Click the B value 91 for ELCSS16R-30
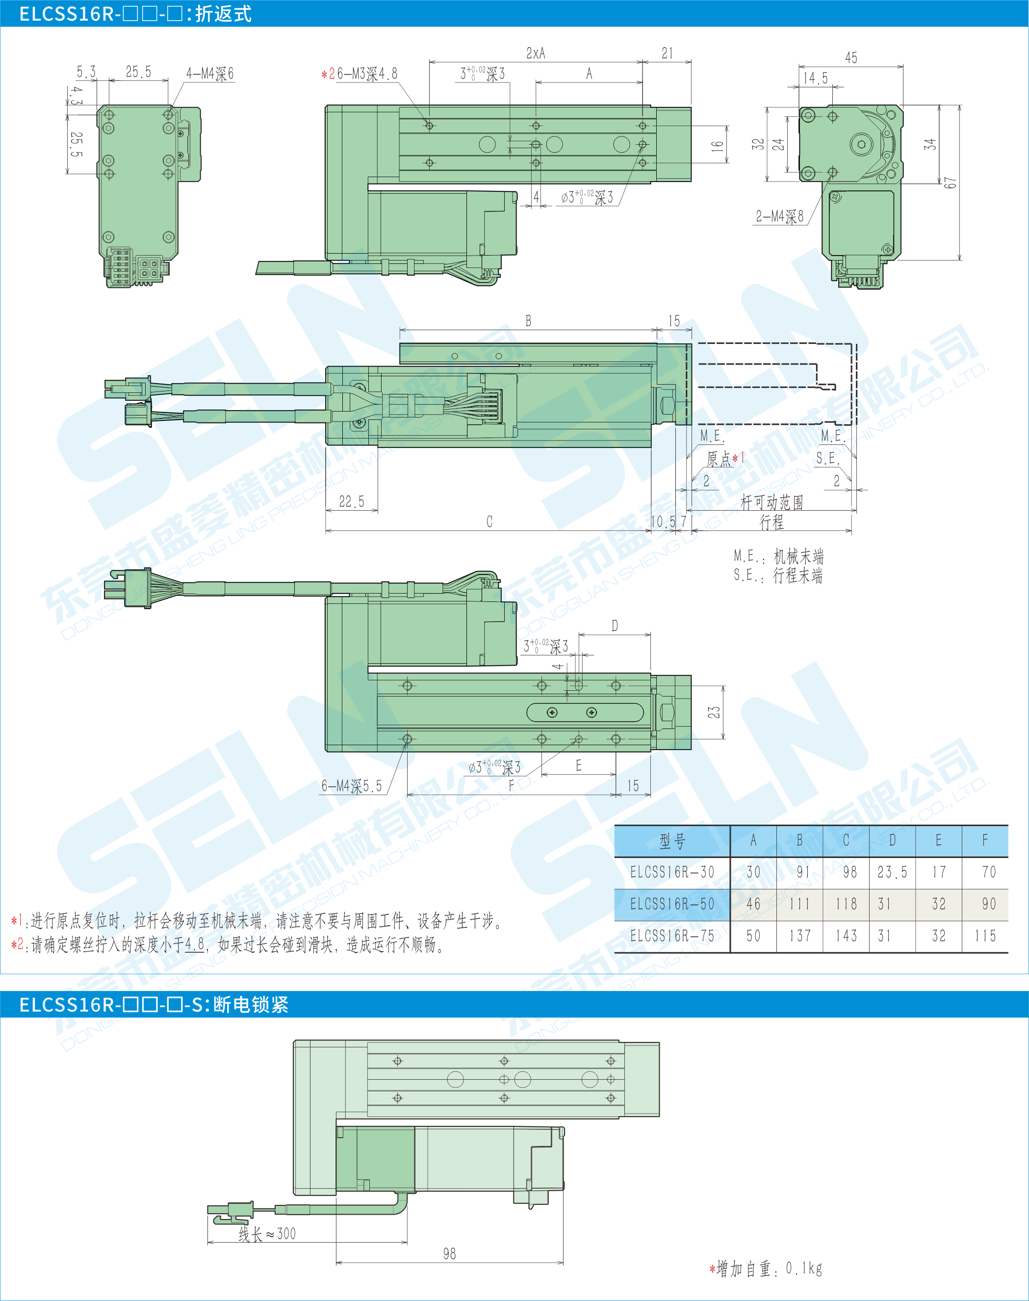tap(802, 872)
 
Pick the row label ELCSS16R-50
tap(672, 904)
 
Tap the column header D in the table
tap(892, 840)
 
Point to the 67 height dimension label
tap(950, 182)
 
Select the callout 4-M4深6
tap(209, 74)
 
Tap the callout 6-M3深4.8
tap(367, 74)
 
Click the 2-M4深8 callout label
tap(779, 216)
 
